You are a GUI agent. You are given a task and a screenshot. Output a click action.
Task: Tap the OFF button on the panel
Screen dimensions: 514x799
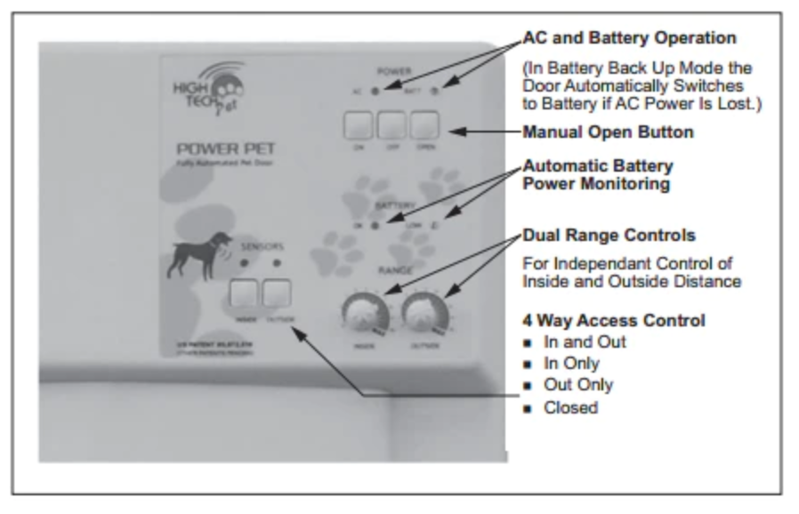coord(391,126)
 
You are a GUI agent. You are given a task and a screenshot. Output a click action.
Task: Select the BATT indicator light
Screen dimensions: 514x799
coord(432,91)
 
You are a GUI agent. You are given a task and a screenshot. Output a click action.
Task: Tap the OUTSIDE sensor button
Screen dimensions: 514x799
coord(276,293)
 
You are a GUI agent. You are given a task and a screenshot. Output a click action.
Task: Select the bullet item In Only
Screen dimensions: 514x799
coord(571,364)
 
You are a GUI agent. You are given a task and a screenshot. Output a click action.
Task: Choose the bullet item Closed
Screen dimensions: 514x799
coord(571,408)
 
